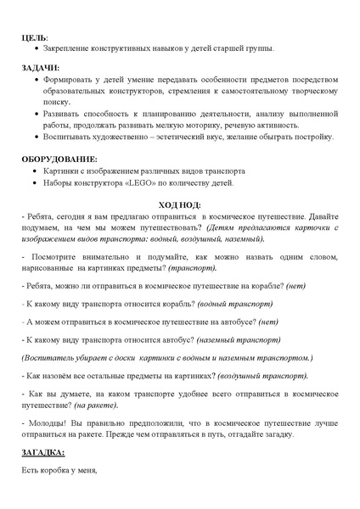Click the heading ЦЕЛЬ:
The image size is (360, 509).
(x=35, y=38)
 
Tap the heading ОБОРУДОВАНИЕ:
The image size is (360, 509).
(x=59, y=159)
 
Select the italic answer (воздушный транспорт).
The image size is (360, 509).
(x=264, y=374)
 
